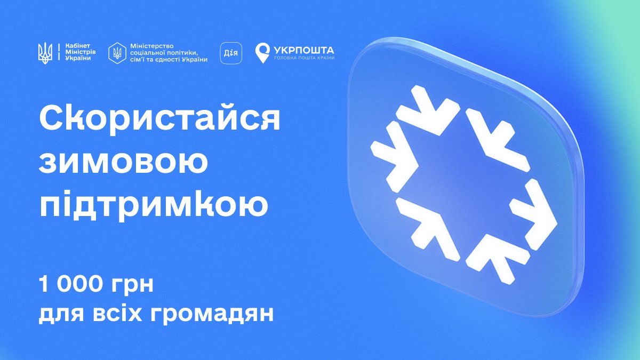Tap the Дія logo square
pos(231,53)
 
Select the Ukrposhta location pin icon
pos(262,53)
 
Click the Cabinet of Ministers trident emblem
pos(45,52)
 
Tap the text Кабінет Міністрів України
pos(77,52)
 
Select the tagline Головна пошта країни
pos(304,58)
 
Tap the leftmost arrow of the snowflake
pos(395,154)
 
